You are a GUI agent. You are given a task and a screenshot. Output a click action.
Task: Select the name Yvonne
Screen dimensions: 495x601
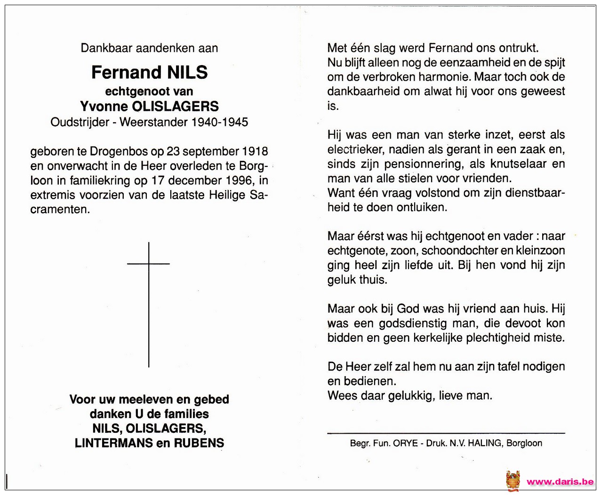104,107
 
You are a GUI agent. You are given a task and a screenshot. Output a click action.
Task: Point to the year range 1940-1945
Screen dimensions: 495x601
219,122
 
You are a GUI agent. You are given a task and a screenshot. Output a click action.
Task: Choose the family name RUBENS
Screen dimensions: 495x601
199,443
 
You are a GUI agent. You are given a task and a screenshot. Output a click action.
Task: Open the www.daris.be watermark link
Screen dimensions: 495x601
560,482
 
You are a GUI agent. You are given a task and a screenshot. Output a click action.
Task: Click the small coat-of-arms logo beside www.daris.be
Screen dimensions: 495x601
513,481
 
